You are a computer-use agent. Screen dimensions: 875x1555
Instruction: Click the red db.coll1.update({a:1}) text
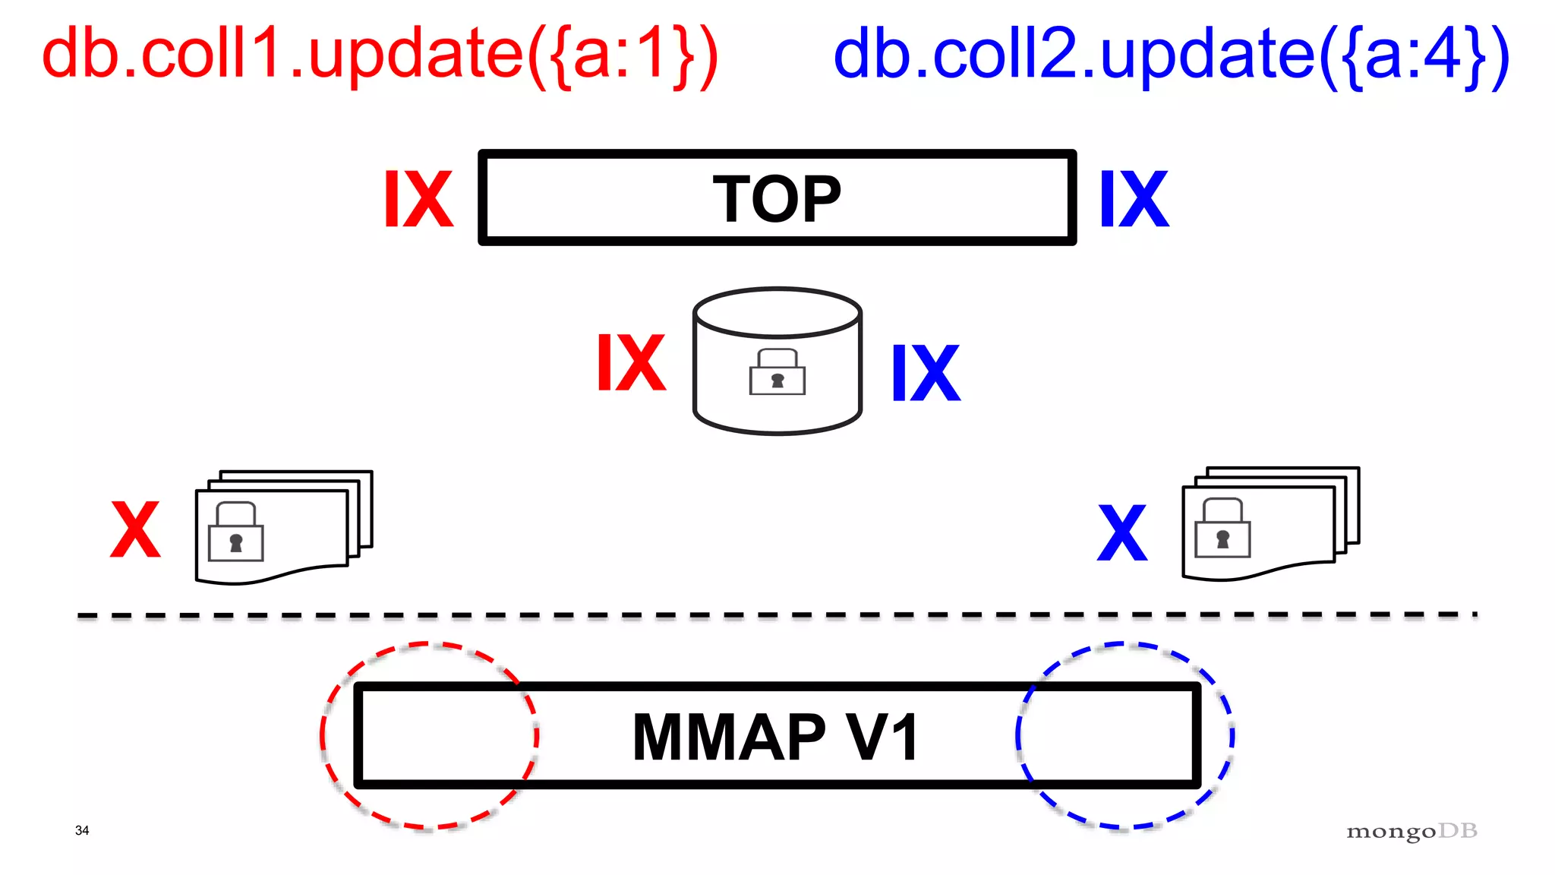380,55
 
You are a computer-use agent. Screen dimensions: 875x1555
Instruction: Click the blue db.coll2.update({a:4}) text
1171,55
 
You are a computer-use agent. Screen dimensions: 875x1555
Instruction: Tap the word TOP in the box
777,199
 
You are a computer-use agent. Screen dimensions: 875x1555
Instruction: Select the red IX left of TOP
418,199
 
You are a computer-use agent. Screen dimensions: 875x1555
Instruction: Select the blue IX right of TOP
1134,199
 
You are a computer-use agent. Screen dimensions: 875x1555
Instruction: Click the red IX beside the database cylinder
631,363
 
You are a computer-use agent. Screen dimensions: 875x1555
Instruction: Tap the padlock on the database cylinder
777,372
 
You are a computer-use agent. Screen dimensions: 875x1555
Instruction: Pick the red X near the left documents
135,529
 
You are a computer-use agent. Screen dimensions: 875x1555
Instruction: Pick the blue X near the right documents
1122,532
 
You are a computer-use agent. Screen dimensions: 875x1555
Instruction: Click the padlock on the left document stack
235,532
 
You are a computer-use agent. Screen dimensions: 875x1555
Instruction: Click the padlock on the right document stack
1222,529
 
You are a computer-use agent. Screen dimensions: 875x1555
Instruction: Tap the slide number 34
82,830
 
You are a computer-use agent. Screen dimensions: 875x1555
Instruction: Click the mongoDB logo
1411,831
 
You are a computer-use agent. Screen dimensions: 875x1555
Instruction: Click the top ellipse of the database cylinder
777,311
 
